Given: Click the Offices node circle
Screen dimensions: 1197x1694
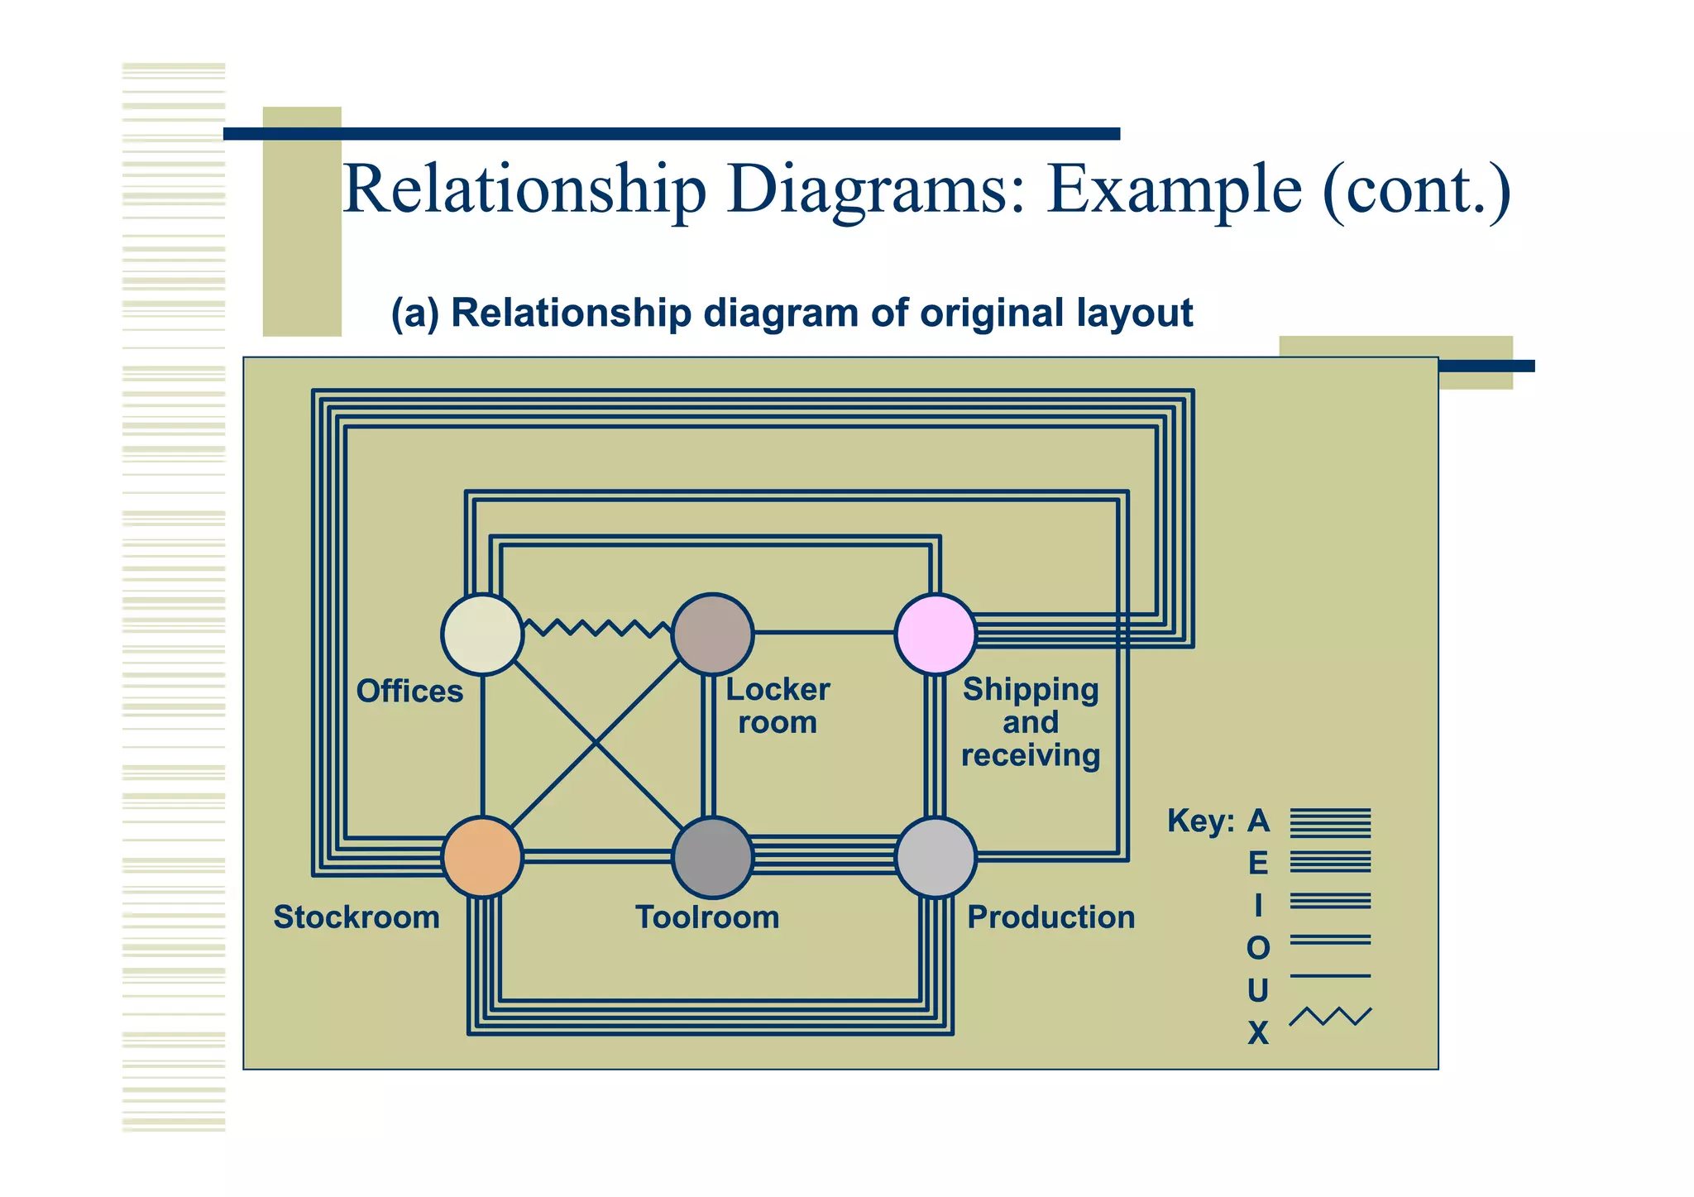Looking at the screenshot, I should click(482, 634).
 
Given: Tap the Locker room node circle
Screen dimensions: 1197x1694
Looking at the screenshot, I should click(712, 634).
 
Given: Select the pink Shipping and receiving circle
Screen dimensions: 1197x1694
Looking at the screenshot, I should click(936, 634).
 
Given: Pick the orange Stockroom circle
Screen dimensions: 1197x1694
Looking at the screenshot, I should click(482, 857).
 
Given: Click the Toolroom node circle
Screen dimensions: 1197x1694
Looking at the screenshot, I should click(712, 857).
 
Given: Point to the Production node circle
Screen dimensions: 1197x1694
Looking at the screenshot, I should click(936, 857).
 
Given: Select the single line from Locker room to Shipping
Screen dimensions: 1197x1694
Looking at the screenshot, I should click(824, 633).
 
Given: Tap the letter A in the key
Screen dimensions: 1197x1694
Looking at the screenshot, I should click(1258, 821).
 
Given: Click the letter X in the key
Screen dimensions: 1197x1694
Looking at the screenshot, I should click(1258, 1033).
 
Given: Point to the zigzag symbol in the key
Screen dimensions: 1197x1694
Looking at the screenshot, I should click(1330, 1017).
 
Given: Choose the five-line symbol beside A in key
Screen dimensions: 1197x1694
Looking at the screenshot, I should click(1330, 823).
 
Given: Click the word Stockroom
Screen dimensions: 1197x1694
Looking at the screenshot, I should click(357, 917).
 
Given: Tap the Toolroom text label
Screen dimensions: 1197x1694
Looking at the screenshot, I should click(707, 917).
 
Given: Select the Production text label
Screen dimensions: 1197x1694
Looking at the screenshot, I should click(1051, 917).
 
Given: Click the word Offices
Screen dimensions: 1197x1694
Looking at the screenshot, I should click(409, 691).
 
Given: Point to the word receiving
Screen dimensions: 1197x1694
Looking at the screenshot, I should click(1031, 755).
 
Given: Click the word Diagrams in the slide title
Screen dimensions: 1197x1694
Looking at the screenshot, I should click(876, 189).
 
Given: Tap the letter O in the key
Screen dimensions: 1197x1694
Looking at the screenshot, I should click(1258, 948).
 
